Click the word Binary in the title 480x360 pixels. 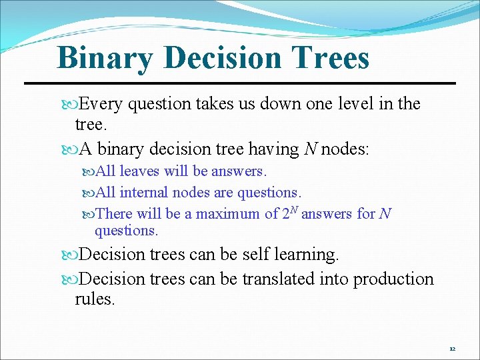105,58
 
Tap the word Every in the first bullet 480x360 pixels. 101,103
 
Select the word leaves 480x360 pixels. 139,171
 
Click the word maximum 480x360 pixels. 228,214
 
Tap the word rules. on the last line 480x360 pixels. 95,299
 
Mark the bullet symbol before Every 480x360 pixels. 73,104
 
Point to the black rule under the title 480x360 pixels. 240,83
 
